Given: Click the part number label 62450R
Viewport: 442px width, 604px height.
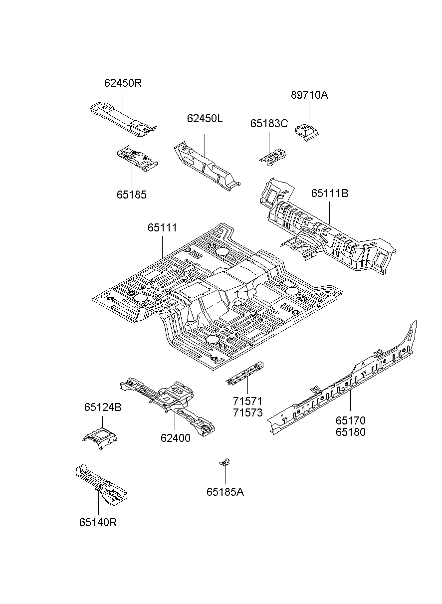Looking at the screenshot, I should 123,83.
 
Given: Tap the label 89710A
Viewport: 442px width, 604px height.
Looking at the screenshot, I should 309,95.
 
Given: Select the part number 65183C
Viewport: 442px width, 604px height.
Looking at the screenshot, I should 269,124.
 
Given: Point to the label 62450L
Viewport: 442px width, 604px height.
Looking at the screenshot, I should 205,119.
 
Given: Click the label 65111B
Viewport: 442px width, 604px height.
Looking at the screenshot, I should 329,193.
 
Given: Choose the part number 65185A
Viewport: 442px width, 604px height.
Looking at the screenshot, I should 225,492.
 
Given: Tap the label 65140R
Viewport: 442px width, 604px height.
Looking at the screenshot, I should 98,522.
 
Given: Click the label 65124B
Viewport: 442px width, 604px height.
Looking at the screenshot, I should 102,407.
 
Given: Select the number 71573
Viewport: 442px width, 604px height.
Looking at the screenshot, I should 247,412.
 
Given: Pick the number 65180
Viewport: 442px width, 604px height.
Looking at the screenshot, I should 350,432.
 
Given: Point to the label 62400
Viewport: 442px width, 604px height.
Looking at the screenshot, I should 175,438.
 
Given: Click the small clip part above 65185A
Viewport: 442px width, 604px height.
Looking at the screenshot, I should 225,463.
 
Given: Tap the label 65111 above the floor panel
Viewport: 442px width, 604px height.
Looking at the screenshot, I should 162,228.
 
